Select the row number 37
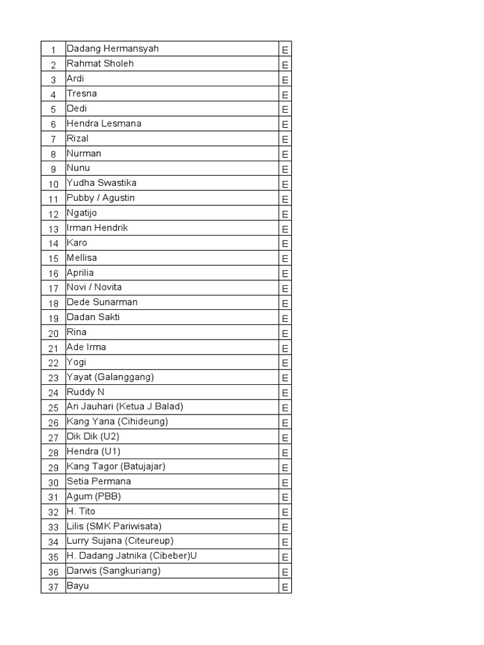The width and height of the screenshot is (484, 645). [54, 587]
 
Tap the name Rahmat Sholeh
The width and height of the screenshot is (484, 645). [100, 64]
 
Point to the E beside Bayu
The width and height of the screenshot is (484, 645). [285, 588]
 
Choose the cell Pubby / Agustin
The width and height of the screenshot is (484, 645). [101, 198]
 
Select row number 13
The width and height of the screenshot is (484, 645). [54, 229]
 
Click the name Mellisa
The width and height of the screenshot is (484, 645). [82, 258]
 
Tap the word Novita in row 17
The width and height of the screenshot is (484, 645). [108, 287]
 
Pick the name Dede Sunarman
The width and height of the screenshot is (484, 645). [102, 302]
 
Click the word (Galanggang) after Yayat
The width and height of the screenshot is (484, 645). [125, 377]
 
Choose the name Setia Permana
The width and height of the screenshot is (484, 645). [99, 481]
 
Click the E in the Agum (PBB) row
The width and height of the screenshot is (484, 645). [285, 498]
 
